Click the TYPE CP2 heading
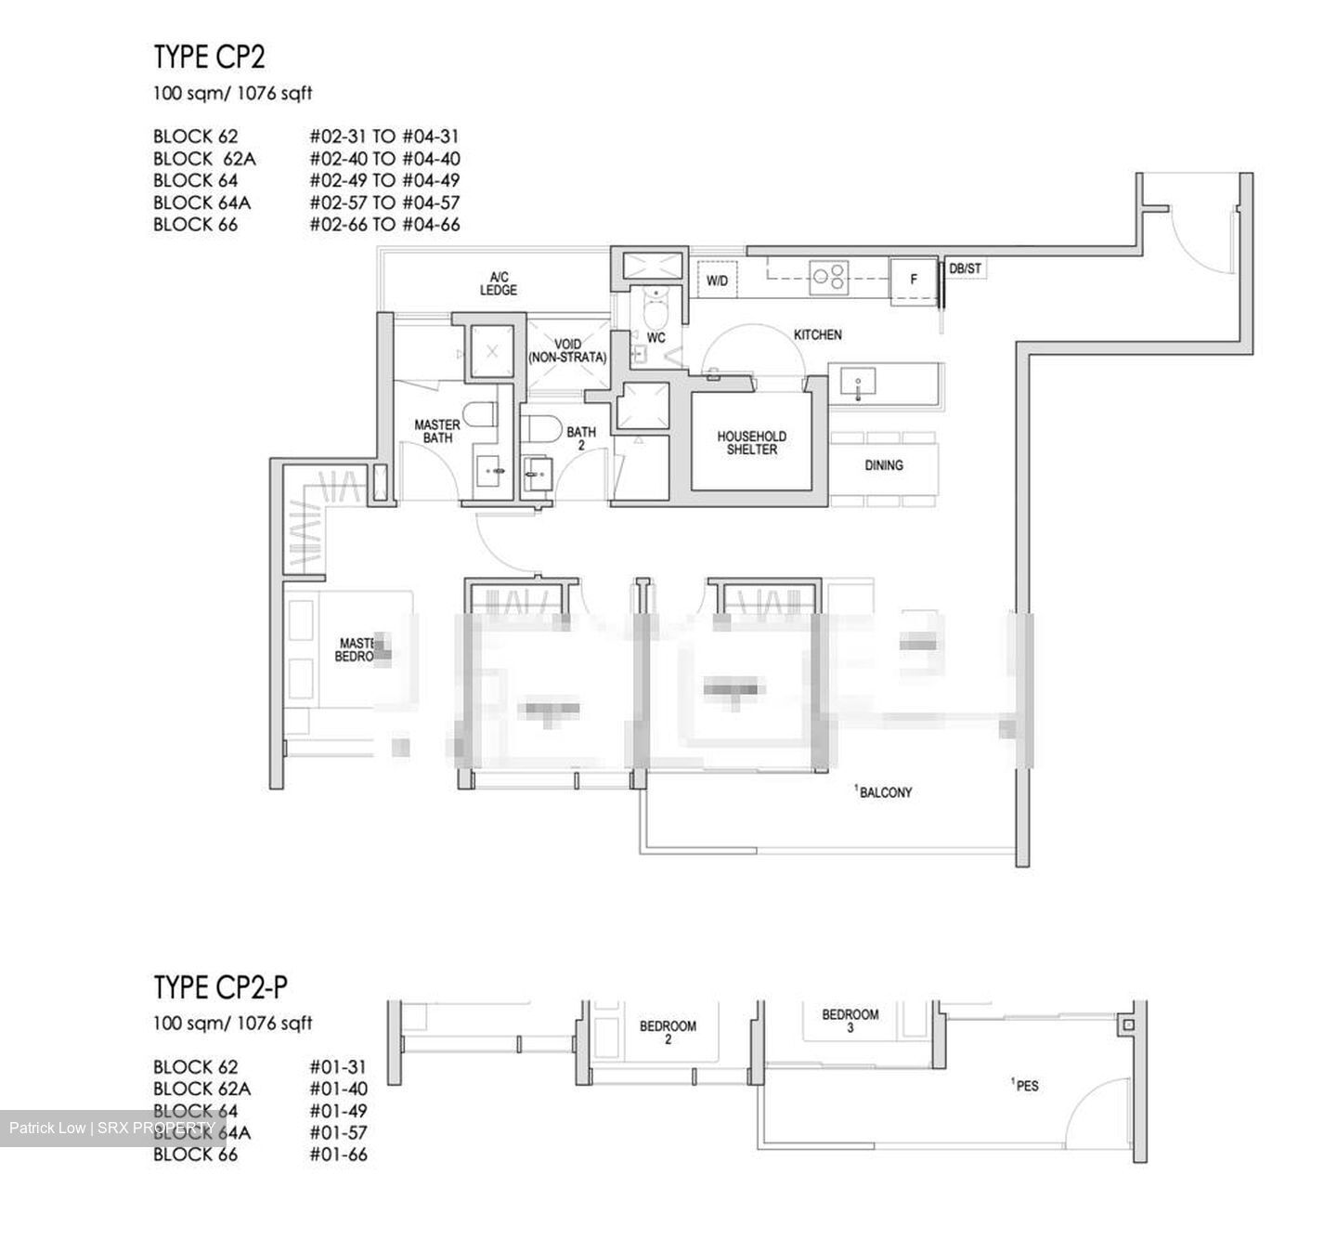tap(209, 58)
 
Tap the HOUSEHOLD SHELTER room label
tap(751, 442)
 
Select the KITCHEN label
tap(817, 334)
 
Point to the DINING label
tap(883, 465)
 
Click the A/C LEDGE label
tap(499, 283)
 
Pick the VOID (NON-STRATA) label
tap(566, 351)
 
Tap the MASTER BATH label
tap(436, 431)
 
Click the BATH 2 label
tap(581, 437)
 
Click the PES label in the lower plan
tap(1025, 1085)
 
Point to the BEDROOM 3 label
tap(850, 1021)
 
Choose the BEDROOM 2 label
tap(668, 1033)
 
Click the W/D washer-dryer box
tap(717, 281)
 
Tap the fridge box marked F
tap(914, 280)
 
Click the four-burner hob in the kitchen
tap(828, 276)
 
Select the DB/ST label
tap(965, 269)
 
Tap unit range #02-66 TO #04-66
tap(384, 225)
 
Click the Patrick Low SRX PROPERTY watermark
tap(112, 1129)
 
